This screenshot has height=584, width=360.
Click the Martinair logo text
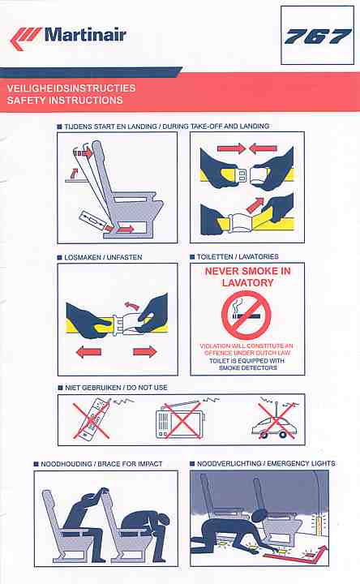(x=85, y=35)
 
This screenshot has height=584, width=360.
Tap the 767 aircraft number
(x=318, y=36)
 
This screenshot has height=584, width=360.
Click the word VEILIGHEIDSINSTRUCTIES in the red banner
(x=71, y=88)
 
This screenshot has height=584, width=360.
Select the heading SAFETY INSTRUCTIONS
(x=65, y=101)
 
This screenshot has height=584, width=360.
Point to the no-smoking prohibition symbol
(x=246, y=315)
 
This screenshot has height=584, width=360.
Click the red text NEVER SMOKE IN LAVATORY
(x=247, y=277)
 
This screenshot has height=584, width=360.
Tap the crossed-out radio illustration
(x=181, y=419)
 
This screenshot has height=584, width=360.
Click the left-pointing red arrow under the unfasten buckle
(x=88, y=351)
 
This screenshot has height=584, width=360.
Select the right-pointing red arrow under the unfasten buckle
(x=145, y=351)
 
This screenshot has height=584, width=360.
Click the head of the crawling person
(x=259, y=516)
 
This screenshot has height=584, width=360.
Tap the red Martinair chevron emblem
(x=25, y=38)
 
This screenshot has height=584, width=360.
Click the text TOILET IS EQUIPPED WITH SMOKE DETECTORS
(x=247, y=364)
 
